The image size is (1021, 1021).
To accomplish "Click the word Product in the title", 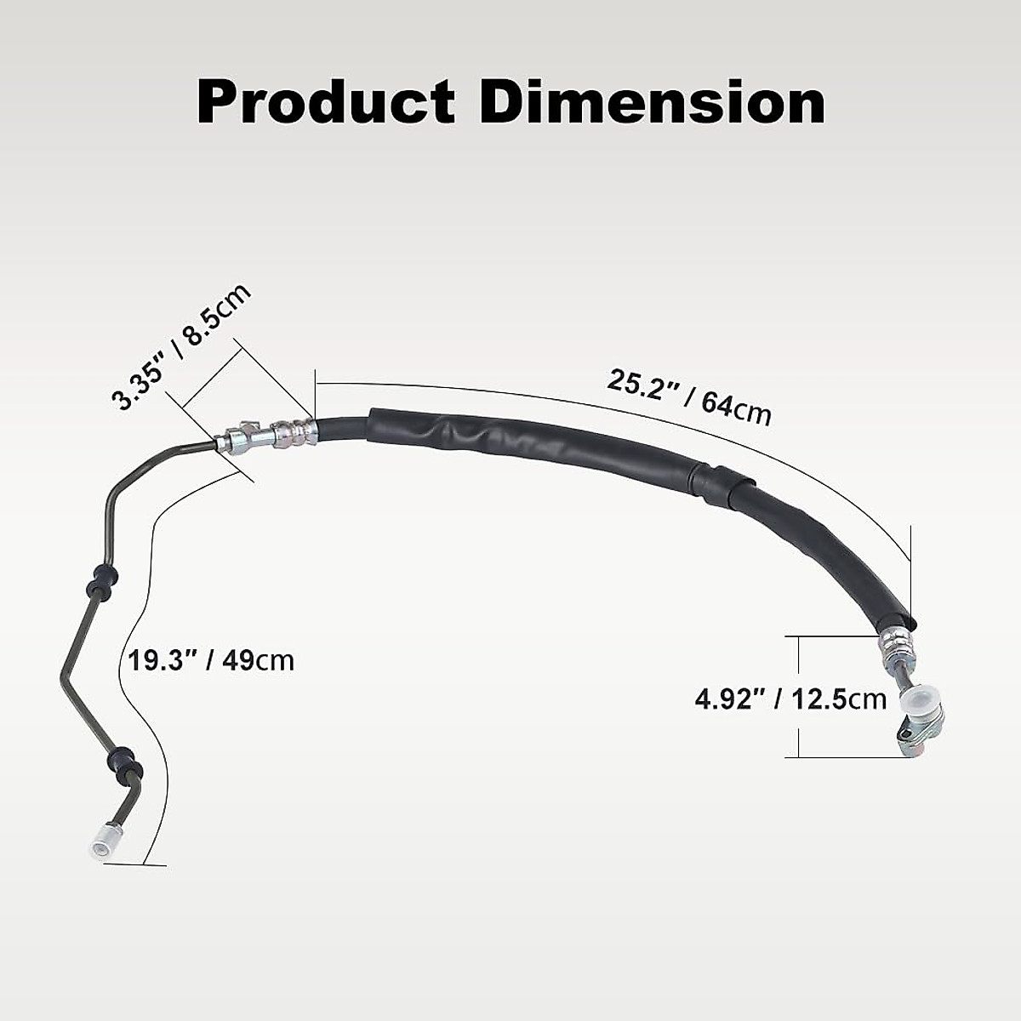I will pos(326,104).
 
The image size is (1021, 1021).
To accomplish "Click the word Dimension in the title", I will pos(652,104).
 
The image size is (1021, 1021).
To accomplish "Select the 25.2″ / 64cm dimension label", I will pos(689,397).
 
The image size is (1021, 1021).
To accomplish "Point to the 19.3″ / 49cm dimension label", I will pos(210,659).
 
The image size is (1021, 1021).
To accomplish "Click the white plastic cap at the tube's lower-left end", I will pos(101,840).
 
